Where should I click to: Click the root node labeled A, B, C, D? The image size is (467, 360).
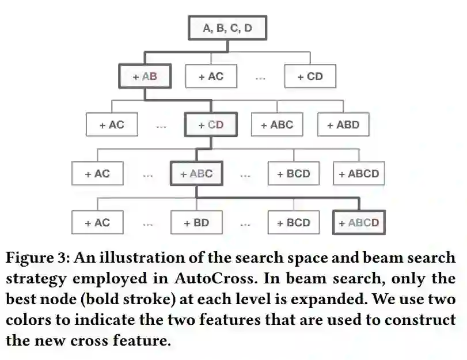click(227, 28)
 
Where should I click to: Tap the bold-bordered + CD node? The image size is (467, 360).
click(210, 124)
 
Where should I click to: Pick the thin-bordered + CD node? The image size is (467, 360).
click(310, 76)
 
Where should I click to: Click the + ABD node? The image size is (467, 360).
click(343, 124)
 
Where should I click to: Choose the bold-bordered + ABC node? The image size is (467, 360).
click(196, 173)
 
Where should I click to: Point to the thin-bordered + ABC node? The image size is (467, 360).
click(276, 124)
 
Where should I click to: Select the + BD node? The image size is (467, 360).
click(196, 222)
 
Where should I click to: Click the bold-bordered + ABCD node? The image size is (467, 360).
click(359, 222)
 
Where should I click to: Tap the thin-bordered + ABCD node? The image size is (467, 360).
click(359, 173)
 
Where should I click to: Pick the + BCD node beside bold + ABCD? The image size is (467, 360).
click(293, 222)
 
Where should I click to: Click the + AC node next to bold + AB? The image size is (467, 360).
click(211, 76)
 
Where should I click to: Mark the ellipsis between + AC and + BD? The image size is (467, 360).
click(148, 223)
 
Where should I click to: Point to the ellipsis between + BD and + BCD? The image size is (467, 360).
click(245, 223)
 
